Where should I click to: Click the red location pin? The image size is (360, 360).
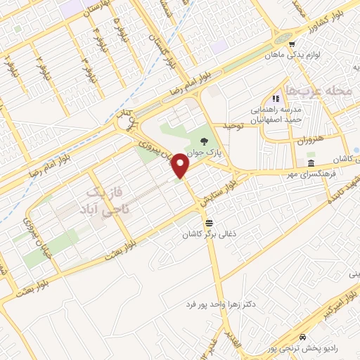pyautogui.click(x=181, y=165)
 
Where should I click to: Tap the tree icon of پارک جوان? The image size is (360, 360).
pyautogui.click(x=204, y=141)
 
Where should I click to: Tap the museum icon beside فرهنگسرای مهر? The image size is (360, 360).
pyautogui.click(x=310, y=163)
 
